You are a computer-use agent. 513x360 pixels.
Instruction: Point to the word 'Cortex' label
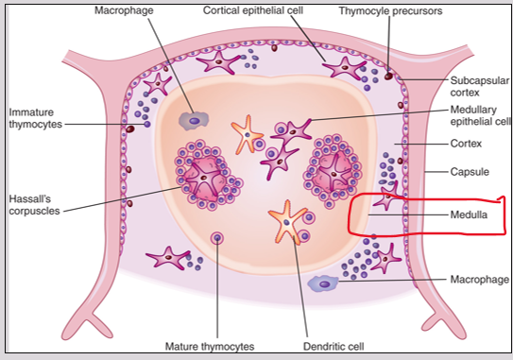[468, 144]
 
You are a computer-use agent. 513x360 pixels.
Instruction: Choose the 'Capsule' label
[470, 172]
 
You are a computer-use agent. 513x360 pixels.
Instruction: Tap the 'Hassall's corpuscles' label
[32, 204]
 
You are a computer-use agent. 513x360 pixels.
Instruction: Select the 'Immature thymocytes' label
[34, 118]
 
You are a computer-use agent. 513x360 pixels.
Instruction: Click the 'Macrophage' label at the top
[124, 10]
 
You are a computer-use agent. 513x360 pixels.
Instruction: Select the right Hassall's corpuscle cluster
[331, 168]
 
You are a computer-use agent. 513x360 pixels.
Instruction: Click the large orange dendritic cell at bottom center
[286, 223]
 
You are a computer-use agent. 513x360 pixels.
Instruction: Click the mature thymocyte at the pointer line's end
[218, 237]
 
